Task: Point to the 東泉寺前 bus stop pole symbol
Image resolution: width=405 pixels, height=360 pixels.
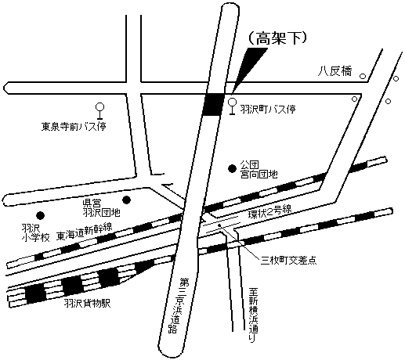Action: click(99, 110)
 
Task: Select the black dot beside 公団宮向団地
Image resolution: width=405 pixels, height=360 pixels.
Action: click(232, 167)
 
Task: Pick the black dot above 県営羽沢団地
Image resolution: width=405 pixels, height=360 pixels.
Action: click(127, 199)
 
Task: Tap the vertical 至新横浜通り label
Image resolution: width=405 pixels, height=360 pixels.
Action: click(252, 318)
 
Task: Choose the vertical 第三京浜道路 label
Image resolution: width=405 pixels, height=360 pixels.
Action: click(185, 305)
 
